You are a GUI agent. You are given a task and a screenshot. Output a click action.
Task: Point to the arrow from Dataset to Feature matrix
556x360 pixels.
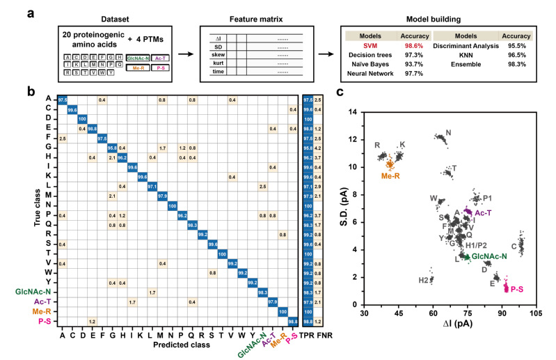(x=190, y=50)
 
